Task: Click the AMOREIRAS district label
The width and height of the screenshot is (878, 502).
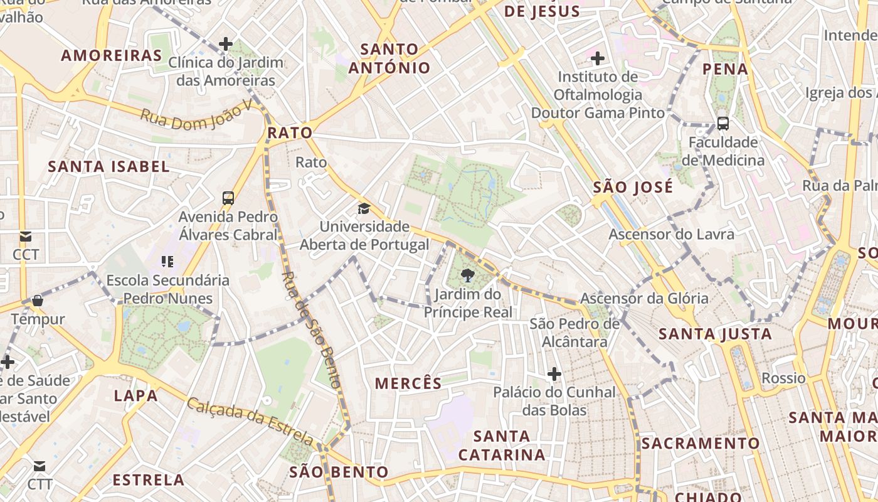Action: (112, 55)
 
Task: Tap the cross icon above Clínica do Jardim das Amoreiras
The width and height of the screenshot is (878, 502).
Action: (226, 44)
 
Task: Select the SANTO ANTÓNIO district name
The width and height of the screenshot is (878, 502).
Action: (389, 58)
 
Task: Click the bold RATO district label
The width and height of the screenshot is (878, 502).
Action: (290, 132)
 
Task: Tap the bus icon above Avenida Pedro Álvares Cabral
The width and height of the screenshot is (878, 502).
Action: (228, 198)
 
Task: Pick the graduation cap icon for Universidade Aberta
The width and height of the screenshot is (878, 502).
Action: (364, 208)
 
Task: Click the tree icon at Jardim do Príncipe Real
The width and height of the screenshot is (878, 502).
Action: (467, 274)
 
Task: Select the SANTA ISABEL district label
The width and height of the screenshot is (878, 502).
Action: (109, 166)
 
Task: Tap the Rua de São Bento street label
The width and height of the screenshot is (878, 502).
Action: (312, 329)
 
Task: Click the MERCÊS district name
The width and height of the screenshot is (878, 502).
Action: (408, 383)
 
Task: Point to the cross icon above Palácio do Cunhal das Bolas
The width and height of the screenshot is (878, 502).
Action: (554, 375)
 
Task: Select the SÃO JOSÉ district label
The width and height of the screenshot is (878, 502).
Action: (633, 187)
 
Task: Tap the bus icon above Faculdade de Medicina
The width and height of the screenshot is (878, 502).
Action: (722, 123)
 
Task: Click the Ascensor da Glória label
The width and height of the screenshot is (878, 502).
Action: (644, 298)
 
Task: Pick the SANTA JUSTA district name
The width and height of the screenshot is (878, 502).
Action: (715, 334)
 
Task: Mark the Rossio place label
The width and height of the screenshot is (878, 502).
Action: (783, 378)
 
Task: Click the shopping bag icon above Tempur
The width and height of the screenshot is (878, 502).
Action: (38, 301)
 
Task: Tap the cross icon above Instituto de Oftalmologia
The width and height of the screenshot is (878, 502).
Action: (598, 58)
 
